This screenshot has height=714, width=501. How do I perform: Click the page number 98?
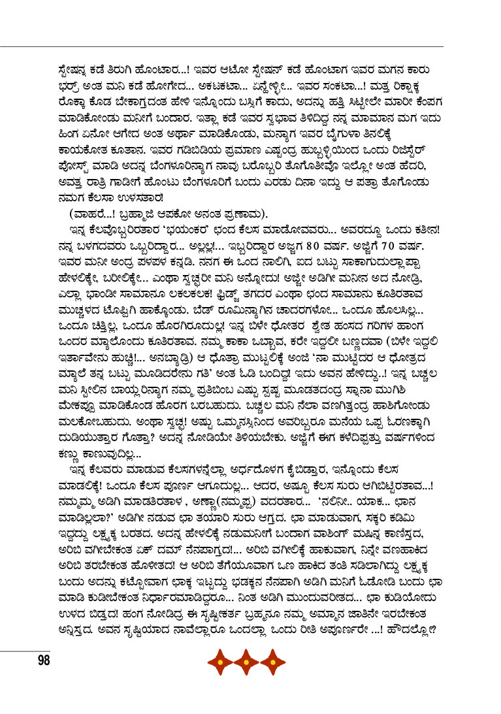pyautogui.click(x=44, y=660)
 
